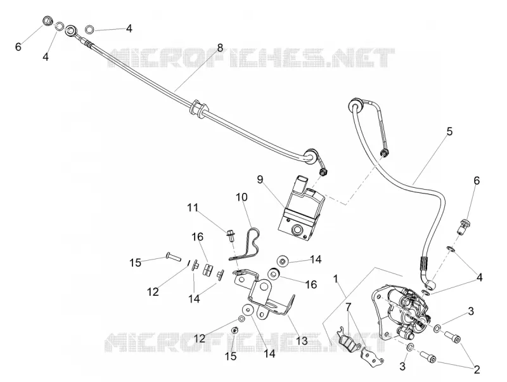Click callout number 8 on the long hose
[220, 48]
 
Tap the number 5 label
[449, 132]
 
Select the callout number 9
[260, 180]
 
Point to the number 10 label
[241, 197]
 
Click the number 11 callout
[193, 207]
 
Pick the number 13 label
[302, 341]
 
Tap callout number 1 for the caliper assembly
[336, 279]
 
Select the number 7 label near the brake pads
[348, 306]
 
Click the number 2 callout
[477, 369]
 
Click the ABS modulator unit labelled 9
[300, 211]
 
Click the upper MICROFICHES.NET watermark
[251, 58]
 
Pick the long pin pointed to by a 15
[174, 257]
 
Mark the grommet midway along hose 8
[198, 109]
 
